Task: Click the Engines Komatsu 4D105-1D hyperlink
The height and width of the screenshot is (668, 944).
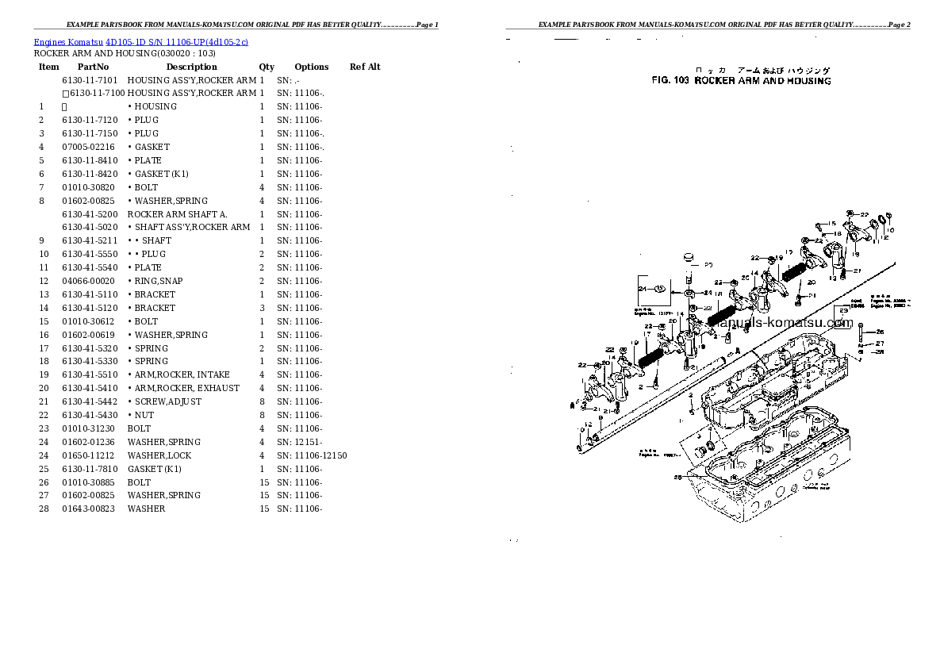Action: pos(140,41)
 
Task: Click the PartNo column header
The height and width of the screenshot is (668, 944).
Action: pos(93,67)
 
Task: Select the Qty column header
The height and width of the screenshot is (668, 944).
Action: pos(267,67)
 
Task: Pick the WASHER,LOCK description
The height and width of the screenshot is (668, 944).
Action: pos(159,455)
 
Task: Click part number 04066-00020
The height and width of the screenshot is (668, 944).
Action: pos(88,281)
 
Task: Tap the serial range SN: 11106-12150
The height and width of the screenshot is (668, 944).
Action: pos(312,455)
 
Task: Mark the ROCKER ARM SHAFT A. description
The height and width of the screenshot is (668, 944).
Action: pos(178,214)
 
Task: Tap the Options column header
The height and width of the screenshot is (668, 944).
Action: pos(311,67)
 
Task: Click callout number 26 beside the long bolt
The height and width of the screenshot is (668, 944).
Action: pos(880,332)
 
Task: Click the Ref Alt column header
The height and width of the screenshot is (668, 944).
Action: pos(365,67)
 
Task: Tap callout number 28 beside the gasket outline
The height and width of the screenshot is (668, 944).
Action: pos(677,478)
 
